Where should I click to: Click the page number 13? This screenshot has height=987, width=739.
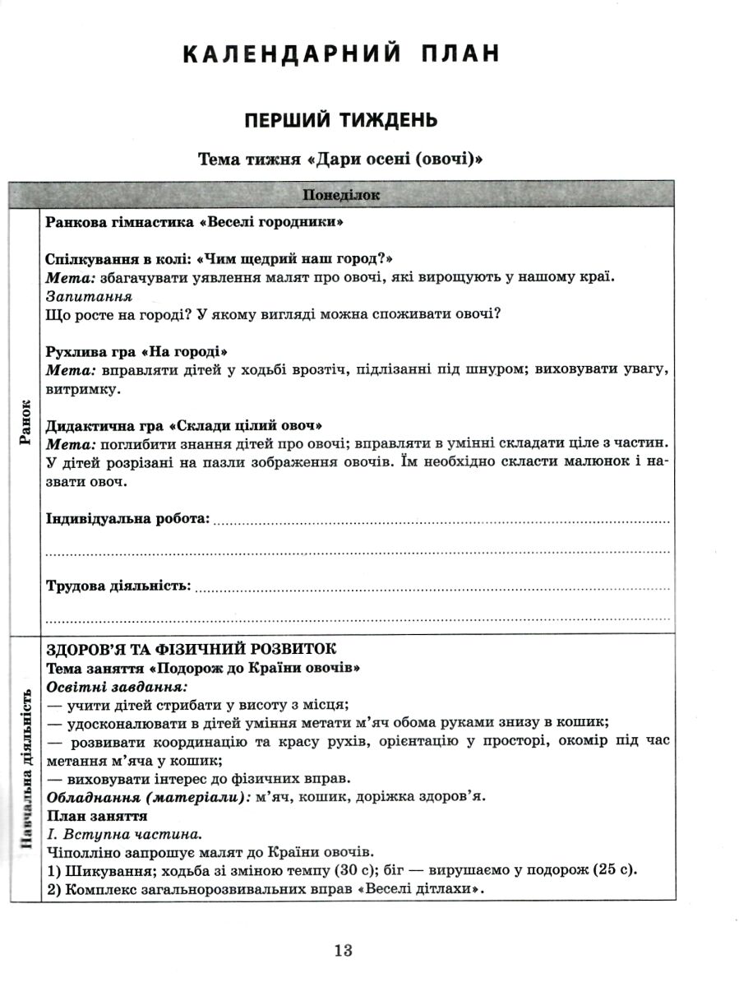(343, 950)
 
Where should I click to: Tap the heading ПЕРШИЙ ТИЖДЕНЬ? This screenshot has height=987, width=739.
(341, 120)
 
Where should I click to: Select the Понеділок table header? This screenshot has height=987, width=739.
(341, 195)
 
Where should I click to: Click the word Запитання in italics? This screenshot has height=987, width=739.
(90, 296)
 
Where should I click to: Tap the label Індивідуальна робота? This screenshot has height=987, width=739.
(127, 519)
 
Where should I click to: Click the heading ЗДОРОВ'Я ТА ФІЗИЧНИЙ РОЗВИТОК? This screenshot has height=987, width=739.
(192, 650)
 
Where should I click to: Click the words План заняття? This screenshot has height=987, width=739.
(97, 815)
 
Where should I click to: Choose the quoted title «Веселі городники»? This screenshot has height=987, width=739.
(271, 222)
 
